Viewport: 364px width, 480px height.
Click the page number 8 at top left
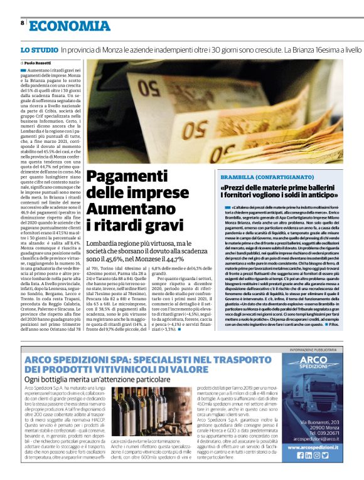click(23, 23)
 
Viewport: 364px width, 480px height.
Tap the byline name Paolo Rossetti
click(38, 63)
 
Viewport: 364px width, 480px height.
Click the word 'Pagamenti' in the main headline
click(123, 178)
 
